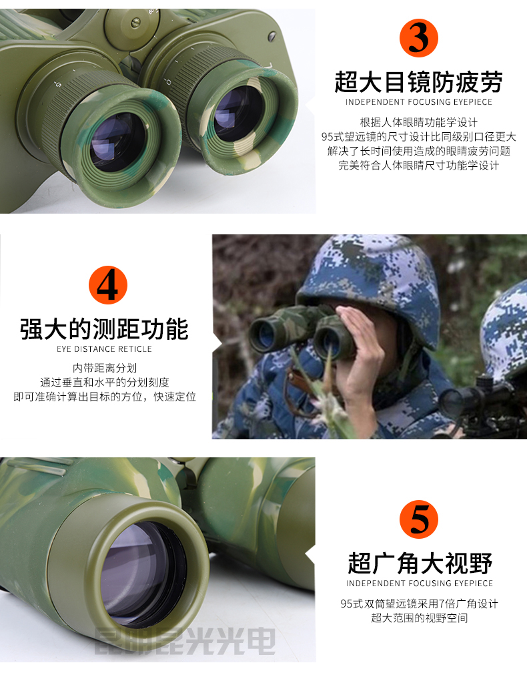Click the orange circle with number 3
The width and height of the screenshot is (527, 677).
(418, 39)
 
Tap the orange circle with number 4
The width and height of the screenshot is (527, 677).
(107, 285)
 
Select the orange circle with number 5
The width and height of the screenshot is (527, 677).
(418, 519)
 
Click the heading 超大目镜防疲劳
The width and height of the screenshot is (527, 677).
(418, 83)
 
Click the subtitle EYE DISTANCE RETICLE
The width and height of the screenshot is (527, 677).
(104, 349)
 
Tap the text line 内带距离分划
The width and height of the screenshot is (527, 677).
(104, 368)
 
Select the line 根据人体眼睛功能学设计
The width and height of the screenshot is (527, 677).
(419, 122)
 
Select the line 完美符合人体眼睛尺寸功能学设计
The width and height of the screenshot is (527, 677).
(419, 166)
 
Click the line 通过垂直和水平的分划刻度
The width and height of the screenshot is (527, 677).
(104, 383)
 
